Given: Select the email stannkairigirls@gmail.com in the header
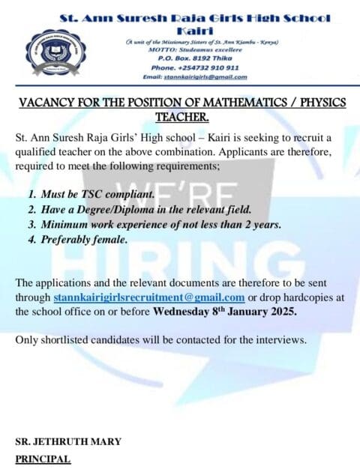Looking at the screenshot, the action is coord(195,76).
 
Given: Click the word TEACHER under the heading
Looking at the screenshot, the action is coord(181,117).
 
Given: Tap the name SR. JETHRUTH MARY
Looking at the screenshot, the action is coord(68,442).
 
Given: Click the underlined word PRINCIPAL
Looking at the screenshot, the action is coord(43,458).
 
